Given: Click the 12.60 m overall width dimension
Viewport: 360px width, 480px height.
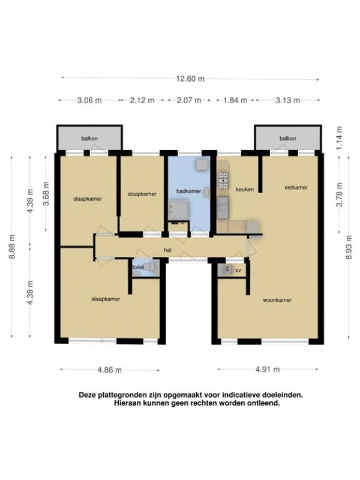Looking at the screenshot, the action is click(190, 79).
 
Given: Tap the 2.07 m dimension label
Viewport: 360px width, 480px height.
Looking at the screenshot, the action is click(189, 100).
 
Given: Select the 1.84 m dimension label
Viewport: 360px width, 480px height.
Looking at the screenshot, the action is click(235, 100).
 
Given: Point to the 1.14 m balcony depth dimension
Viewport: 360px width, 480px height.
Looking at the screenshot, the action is click(340, 137).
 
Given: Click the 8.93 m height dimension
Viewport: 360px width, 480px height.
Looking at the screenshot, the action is click(349, 247).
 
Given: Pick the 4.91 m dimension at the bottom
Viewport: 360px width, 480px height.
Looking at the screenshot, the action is click(268, 370).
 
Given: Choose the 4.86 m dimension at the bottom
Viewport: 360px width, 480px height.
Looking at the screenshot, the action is click(110, 370).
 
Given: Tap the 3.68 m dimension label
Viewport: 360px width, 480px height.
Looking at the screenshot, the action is click(46, 194).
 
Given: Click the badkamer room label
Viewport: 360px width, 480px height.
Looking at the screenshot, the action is click(188, 191).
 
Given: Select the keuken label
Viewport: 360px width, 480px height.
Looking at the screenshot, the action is click(245, 190).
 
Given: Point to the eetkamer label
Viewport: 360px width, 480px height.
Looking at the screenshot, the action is click(296, 187).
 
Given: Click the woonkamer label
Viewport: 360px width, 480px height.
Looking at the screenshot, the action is click(277, 300).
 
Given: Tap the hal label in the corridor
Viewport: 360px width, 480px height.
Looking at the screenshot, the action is click(167, 250).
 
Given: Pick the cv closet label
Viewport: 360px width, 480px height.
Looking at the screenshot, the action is click(238, 271).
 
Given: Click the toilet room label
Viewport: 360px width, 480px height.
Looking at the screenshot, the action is click(138, 267).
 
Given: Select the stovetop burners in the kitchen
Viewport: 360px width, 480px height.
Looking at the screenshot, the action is click(223, 181).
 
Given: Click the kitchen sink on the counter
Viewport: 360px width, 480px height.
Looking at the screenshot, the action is click(223, 205).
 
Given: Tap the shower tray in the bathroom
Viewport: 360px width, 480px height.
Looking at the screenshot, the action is click(179, 209).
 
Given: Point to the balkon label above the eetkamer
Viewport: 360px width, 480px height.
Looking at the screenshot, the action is click(288, 139).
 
